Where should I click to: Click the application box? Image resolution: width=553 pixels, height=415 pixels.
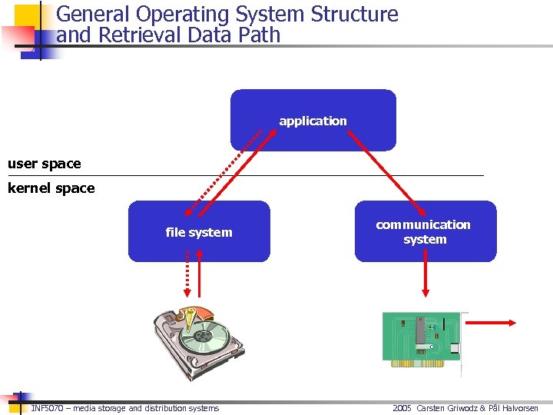point(313,120)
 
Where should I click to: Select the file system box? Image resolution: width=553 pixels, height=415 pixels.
point(198,232)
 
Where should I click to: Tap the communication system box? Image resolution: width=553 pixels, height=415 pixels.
point(424,231)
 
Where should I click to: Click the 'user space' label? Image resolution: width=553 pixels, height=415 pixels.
point(44,164)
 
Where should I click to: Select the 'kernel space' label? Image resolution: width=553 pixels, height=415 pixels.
point(51,188)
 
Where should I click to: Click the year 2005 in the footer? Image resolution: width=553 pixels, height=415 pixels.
point(402,408)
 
